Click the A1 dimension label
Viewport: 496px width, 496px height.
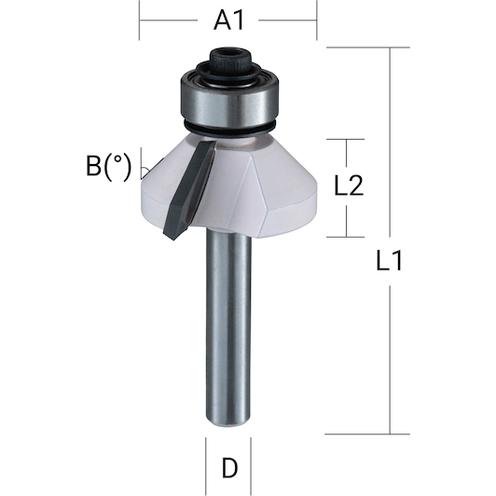pyautogui.click(x=228, y=21)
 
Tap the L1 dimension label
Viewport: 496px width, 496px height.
pyautogui.click(x=389, y=260)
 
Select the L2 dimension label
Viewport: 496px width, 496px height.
pyautogui.click(x=349, y=186)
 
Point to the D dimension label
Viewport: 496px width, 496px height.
pyautogui.click(x=229, y=468)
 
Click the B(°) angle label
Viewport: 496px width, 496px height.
pyautogui.click(x=108, y=166)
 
